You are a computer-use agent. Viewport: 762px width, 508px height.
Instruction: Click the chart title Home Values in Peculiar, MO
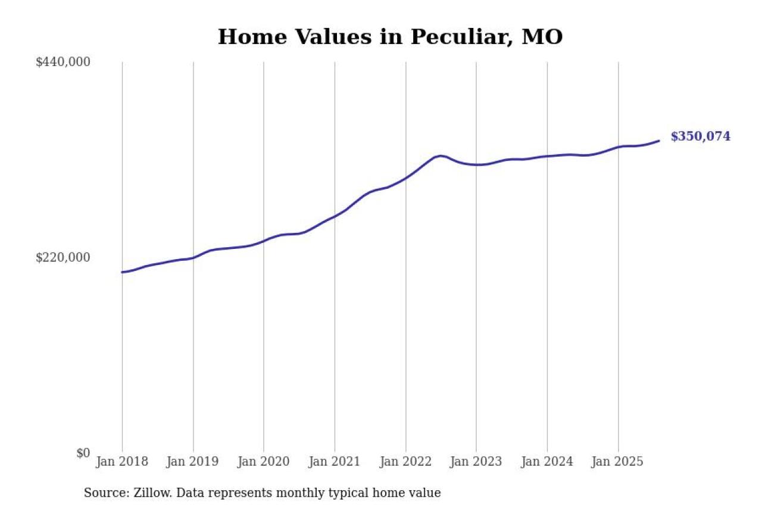[390, 37]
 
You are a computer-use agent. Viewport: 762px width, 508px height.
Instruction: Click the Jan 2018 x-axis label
[122, 462]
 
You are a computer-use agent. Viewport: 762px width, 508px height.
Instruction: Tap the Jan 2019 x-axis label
[193, 462]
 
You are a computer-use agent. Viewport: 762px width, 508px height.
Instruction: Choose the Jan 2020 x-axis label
[264, 462]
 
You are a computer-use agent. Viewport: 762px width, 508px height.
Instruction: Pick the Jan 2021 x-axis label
[335, 462]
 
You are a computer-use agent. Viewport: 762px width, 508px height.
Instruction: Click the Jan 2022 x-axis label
[405, 462]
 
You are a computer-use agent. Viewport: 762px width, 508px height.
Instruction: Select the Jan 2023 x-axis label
[476, 462]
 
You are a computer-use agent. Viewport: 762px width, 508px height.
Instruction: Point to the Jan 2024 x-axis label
[547, 462]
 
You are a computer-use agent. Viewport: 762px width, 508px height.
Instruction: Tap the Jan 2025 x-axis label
[618, 462]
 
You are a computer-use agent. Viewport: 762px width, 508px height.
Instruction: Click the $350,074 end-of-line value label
[700, 136]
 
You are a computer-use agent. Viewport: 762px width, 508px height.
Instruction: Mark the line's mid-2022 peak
[440, 156]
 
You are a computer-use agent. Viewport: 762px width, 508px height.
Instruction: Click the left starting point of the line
[123, 272]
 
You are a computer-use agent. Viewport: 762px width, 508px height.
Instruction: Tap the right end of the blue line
[658, 141]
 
